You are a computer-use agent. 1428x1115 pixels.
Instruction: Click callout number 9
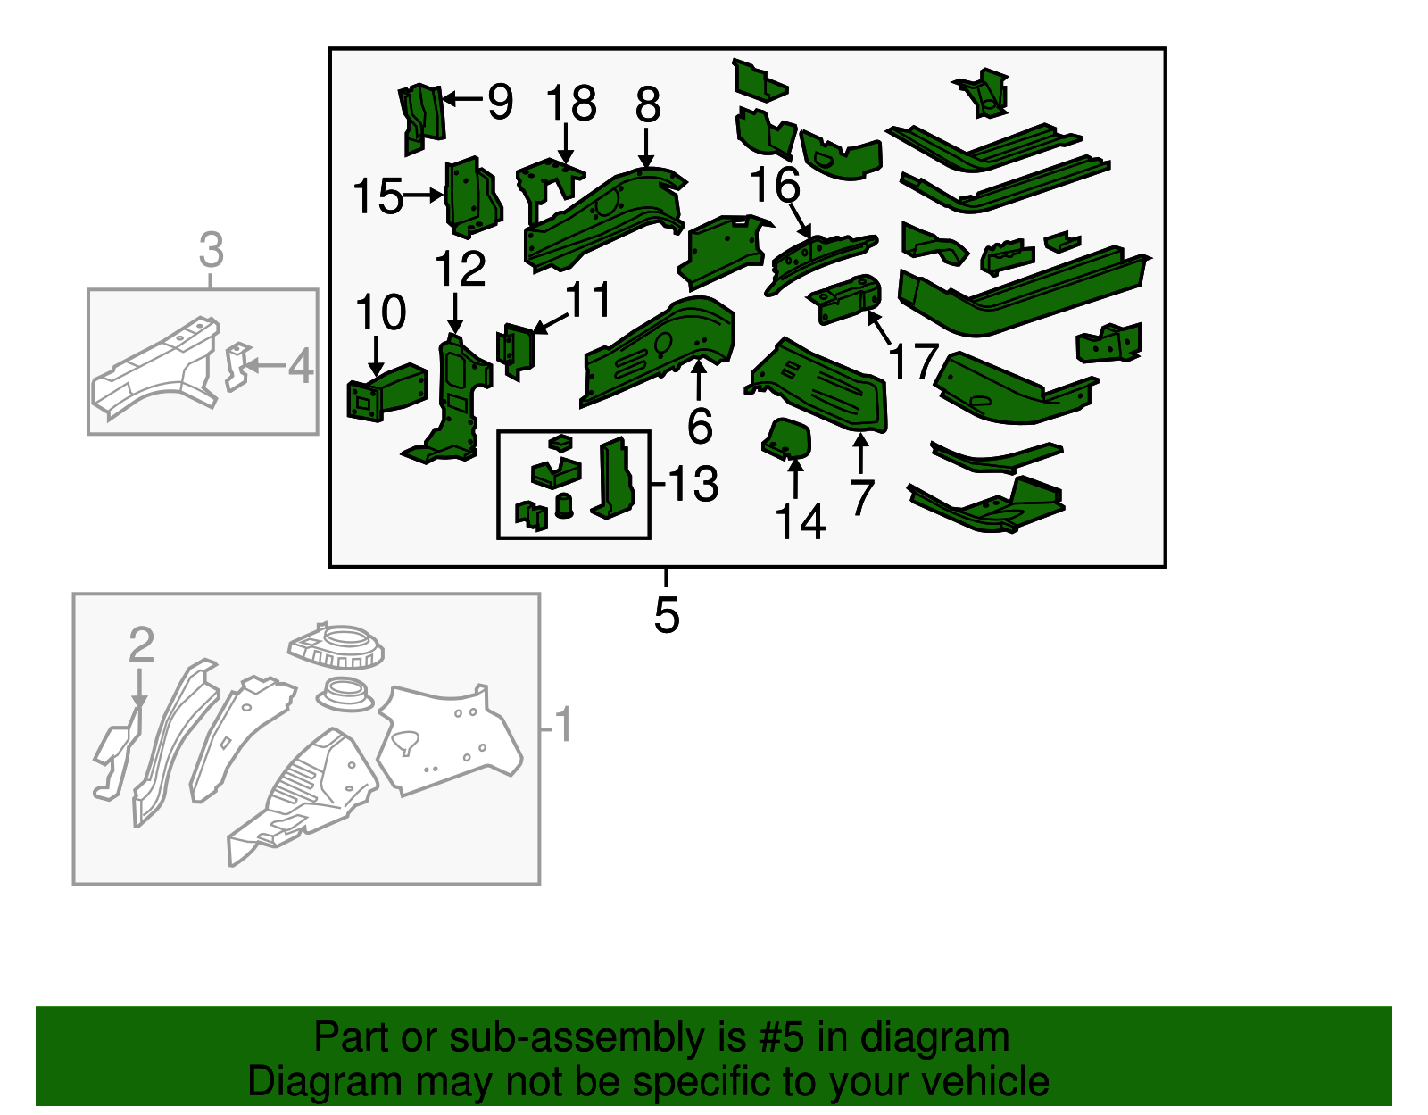[x=501, y=102]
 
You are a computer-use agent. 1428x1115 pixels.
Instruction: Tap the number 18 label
[x=571, y=104]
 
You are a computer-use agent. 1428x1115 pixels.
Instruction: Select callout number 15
[x=378, y=196]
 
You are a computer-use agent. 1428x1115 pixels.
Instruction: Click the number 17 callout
[x=913, y=362]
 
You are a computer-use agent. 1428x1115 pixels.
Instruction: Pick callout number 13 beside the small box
[x=694, y=484]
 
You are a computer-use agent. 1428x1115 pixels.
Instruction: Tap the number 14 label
[x=800, y=522]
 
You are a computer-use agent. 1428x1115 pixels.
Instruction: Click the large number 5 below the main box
[x=667, y=615]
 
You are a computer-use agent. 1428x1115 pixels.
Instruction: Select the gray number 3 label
[x=211, y=250]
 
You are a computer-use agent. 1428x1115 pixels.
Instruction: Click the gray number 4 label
[x=300, y=366]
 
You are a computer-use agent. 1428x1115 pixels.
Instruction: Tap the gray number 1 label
[x=563, y=725]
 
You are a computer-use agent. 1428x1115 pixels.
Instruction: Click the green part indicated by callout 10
[x=387, y=392]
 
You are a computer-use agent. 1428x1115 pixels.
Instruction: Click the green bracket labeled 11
[x=516, y=350]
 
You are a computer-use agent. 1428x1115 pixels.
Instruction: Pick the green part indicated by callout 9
[x=421, y=118]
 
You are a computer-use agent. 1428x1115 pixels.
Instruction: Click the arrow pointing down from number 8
[x=647, y=148]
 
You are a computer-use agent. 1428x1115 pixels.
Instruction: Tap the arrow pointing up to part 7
[x=860, y=454]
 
